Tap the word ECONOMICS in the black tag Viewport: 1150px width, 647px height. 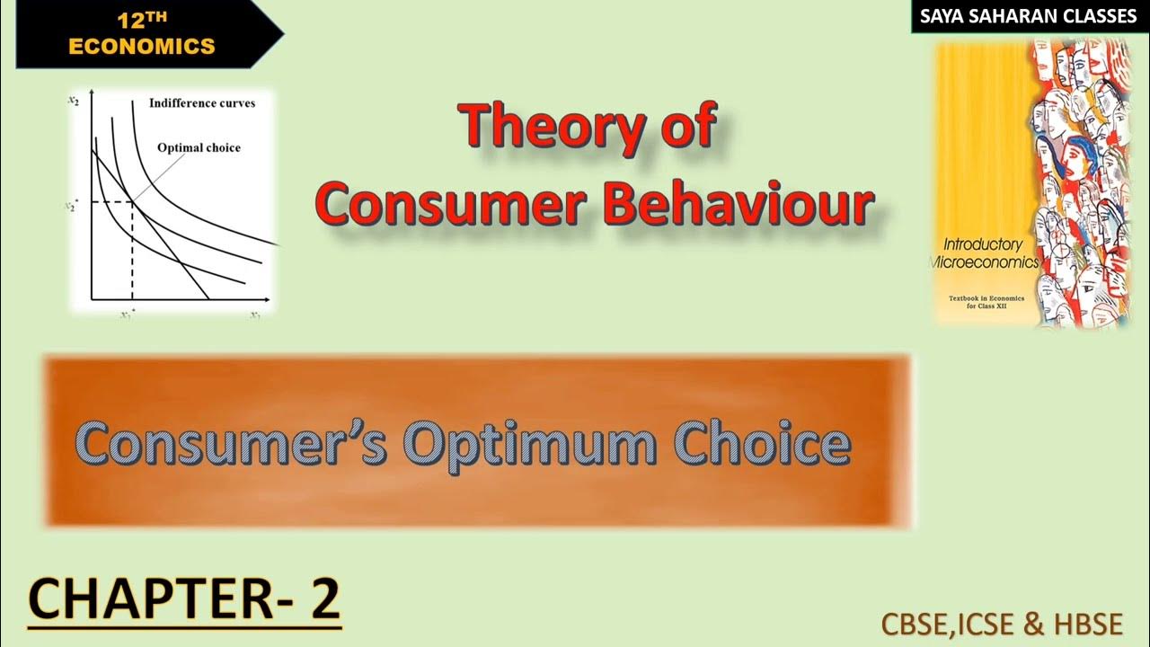[x=142, y=46]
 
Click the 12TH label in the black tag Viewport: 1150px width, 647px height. [x=142, y=19]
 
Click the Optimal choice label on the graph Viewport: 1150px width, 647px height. [x=199, y=147]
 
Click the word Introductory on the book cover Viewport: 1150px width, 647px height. [x=982, y=244]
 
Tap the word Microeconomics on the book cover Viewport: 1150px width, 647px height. [x=984, y=262]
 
